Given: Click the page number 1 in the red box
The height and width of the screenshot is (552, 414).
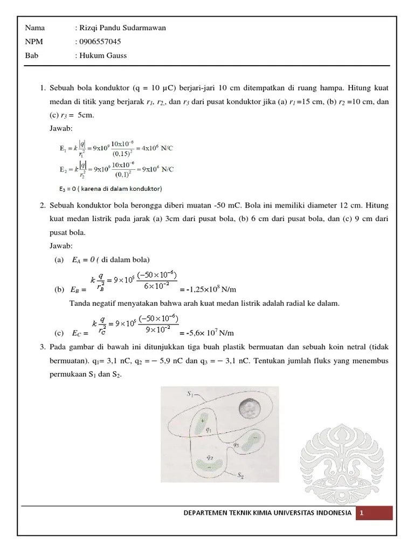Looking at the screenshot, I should coord(363,514).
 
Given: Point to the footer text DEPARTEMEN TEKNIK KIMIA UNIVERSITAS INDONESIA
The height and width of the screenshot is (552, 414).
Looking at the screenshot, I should coord(268,514).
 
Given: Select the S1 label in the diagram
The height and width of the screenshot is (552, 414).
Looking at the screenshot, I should coord(190,395).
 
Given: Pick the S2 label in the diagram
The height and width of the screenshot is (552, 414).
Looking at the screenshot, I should coord(244,475).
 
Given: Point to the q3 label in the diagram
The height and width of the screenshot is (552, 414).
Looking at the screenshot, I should coord(236,445).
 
